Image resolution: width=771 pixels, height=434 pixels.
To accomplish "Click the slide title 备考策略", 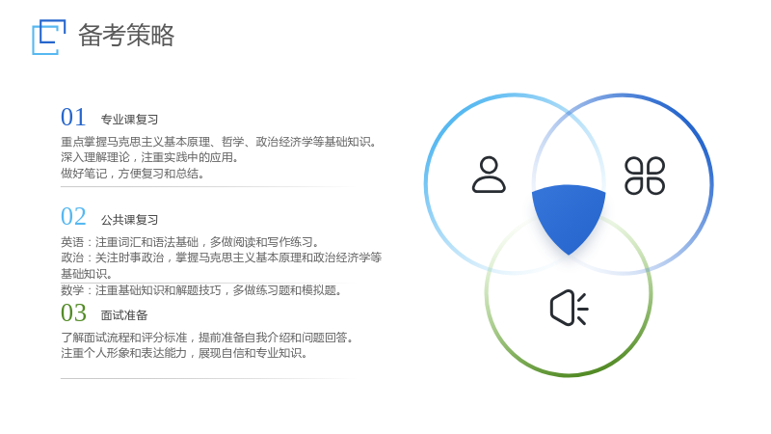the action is pyautogui.click(x=126, y=36).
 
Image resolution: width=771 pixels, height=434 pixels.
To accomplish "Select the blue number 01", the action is pyautogui.click(x=73, y=118).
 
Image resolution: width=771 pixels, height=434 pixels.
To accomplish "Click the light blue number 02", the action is pyautogui.click(x=73, y=217).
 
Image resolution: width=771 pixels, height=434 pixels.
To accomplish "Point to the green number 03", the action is pyautogui.click(x=73, y=312).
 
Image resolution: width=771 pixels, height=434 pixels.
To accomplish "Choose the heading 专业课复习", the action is pyautogui.click(x=129, y=120).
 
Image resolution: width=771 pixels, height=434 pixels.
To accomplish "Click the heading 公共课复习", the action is pyautogui.click(x=129, y=220).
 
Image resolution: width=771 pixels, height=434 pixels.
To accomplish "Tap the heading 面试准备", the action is pyautogui.click(x=124, y=315).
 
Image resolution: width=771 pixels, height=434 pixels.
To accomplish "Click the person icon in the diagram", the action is pyautogui.click(x=489, y=175).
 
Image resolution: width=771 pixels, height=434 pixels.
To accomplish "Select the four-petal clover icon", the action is pyautogui.click(x=645, y=176).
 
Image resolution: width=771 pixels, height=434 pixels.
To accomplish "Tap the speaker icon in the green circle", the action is pyautogui.click(x=569, y=308).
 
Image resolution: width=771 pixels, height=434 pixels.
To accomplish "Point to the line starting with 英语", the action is pyautogui.click(x=191, y=242).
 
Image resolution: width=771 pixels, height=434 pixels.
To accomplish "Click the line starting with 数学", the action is pyautogui.click(x=202, y=290).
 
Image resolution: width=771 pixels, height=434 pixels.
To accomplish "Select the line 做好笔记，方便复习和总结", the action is pyautogui.click(x=133, y=174).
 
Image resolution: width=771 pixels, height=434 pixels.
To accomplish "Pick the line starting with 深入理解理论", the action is pyautogui.click(x=150, y=157).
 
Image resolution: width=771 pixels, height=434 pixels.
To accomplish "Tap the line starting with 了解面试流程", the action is pyautogui.click(x=207, y=338).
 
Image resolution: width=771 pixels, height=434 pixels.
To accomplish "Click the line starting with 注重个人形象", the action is pyautogui.click(x=184, y=353).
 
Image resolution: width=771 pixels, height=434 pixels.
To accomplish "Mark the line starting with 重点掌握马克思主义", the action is pyautogui.click(x=220, y=142).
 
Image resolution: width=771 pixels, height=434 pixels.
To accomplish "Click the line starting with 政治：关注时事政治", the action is pyautogui.click(x=222, y=266).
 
